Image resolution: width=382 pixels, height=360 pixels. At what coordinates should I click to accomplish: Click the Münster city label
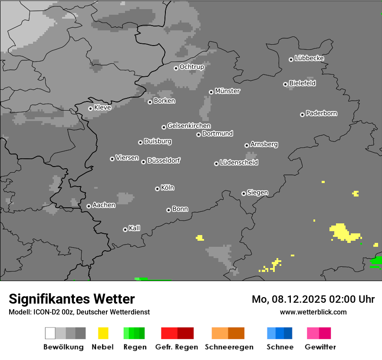(x=227, y=91)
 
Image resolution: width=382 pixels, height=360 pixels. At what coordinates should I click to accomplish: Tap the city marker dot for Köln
(x=157, y=189)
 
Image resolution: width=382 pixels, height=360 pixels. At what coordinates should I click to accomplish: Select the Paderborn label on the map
(x=322, y=113)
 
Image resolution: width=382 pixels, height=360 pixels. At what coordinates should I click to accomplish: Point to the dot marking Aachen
(x=89, y=206)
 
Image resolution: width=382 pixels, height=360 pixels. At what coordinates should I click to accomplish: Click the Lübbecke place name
(x=309, y=58)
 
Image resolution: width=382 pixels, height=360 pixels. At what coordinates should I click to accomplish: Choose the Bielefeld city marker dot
(x=285, y=84)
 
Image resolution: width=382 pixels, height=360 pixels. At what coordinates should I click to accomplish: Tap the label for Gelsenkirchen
(x=189, y=126)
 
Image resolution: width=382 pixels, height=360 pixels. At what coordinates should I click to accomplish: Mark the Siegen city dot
(x=244, y=193)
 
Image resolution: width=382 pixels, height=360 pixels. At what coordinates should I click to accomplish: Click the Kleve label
(x=102, y=107)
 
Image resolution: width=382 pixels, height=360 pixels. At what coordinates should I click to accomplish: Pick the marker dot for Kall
(x=125, y=229)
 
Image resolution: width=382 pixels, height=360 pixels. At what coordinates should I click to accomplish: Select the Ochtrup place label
(x=192, y=67)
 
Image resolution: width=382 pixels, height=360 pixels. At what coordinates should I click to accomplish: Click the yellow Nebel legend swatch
(x=103, y=333)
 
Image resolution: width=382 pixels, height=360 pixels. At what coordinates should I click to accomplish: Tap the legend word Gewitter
(x=320, y=347)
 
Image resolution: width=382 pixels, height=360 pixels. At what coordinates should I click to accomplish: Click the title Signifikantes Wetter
(x=72, y=299)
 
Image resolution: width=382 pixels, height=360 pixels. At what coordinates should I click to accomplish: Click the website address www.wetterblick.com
(x=313, y=312)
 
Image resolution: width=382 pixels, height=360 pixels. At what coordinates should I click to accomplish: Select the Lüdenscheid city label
(x=239, y=162)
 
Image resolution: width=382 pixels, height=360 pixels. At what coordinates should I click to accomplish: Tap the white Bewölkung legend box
(x=50, y=333)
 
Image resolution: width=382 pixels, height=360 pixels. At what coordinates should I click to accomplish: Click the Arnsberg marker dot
(x=247, y=145)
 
